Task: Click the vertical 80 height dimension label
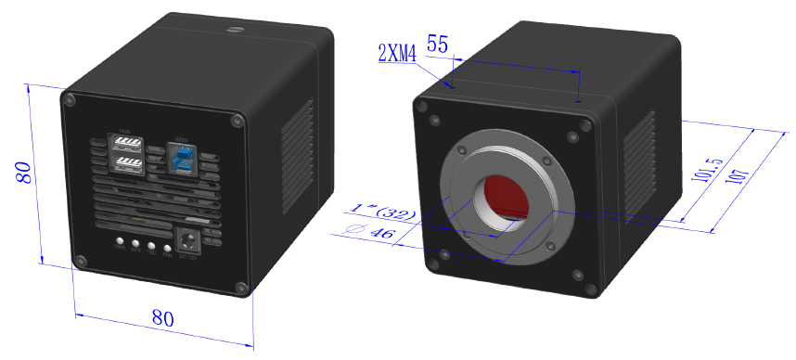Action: (x=24, y=172)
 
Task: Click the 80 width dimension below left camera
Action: (x=162, y=317)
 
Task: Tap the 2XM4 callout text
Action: (x=398, y=53)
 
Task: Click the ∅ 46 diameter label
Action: (x=372, y=234)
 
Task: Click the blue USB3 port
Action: (x=183, y=159)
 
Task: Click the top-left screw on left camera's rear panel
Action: (x=68, y=97)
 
